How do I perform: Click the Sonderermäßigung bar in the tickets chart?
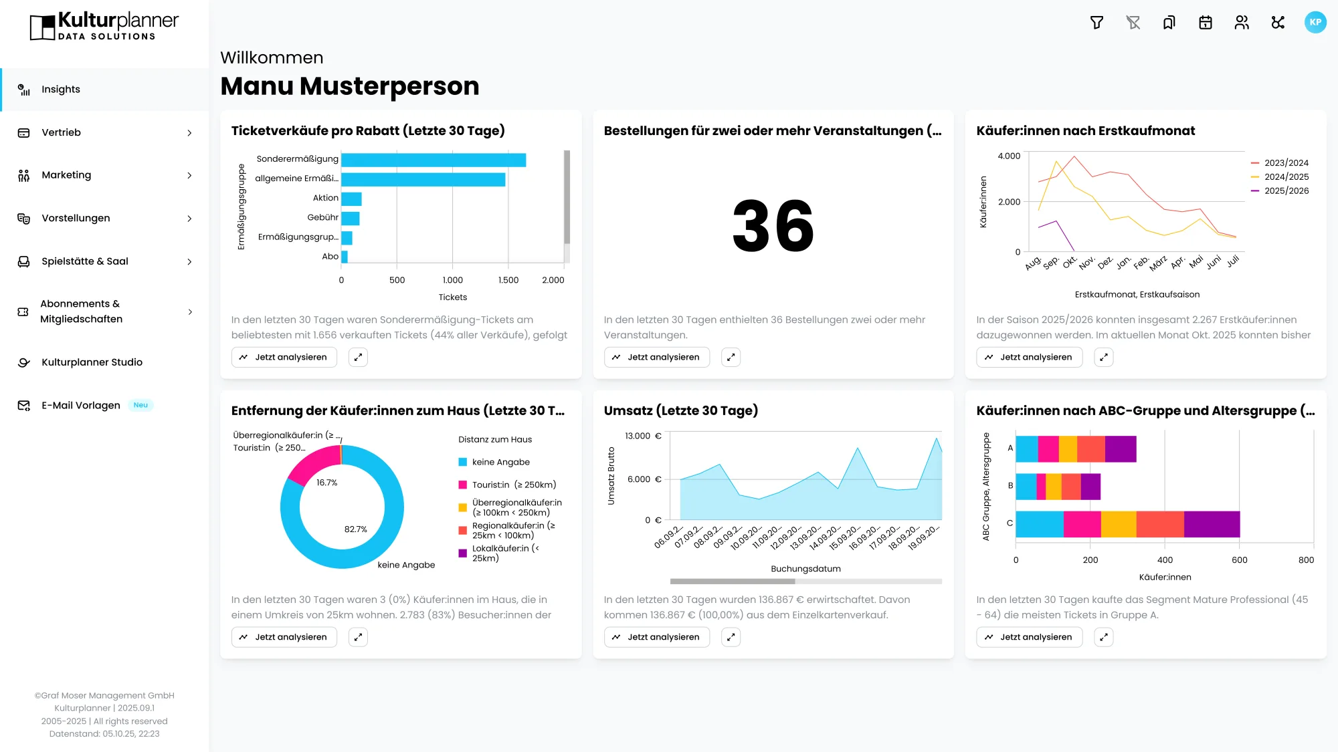(x=434, y=160)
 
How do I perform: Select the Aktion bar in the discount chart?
(x=351, y=199)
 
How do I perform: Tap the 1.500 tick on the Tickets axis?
(x=508, y=280)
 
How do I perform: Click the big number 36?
(x=773, y=227)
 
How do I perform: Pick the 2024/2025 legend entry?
(x=1286, y=177)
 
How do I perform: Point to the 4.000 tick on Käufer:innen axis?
(x=1009, y=156)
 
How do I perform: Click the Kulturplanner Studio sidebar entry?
(x=92, y=362)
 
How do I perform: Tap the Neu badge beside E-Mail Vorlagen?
(x=140, y=405)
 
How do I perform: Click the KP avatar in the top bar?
(x=1315, y=23)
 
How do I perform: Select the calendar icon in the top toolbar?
(x=1206, y=23)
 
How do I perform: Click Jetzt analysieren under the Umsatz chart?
(x=656, y=638)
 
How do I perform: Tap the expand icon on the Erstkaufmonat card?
(x=1103, y=358)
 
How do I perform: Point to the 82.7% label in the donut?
(x=355, y=529)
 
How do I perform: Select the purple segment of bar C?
(x=1212, y=524)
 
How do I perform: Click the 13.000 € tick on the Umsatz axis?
(x=642, y=436)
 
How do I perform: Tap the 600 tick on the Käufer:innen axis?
(x=1239, y=560)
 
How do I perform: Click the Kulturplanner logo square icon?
(x=42, y=27)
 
